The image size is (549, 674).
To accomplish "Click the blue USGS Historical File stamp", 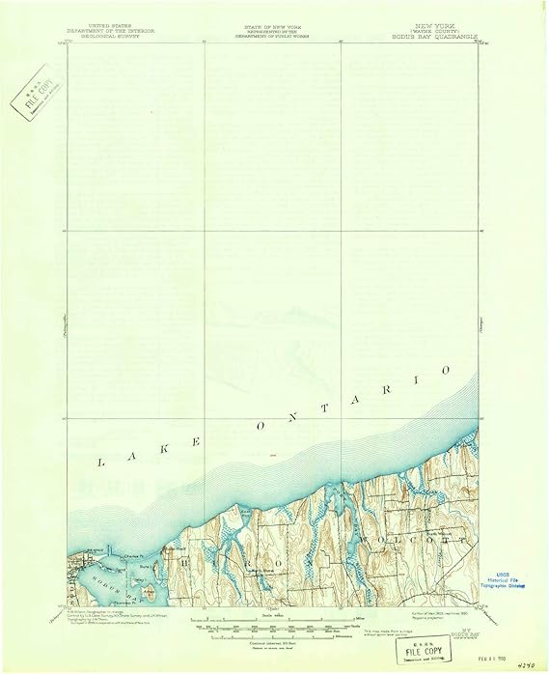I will [x=511, y=579].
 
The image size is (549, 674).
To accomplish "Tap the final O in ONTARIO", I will [x=445, y=370].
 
